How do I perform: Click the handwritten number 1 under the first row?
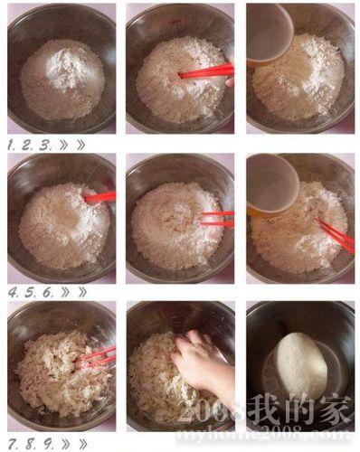click(11, 146)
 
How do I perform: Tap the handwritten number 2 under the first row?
click(27, 146)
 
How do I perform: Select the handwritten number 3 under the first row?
click(45, 146)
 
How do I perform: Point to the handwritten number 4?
click(14, 292)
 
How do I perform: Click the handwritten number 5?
click(29, 292)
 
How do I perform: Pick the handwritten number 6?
click(47, 292)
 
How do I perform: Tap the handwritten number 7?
click(13, 444)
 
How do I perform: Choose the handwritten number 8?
click(30, 444)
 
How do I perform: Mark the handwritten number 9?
click(47, 444)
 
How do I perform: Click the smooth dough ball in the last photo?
click(301, 365)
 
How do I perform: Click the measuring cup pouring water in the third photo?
click(270, 33)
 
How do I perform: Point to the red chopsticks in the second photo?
click(206, 71)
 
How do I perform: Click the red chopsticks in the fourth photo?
click(99, 197)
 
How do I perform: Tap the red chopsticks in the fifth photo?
click(217, 219)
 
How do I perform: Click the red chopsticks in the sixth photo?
click(336, 236)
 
